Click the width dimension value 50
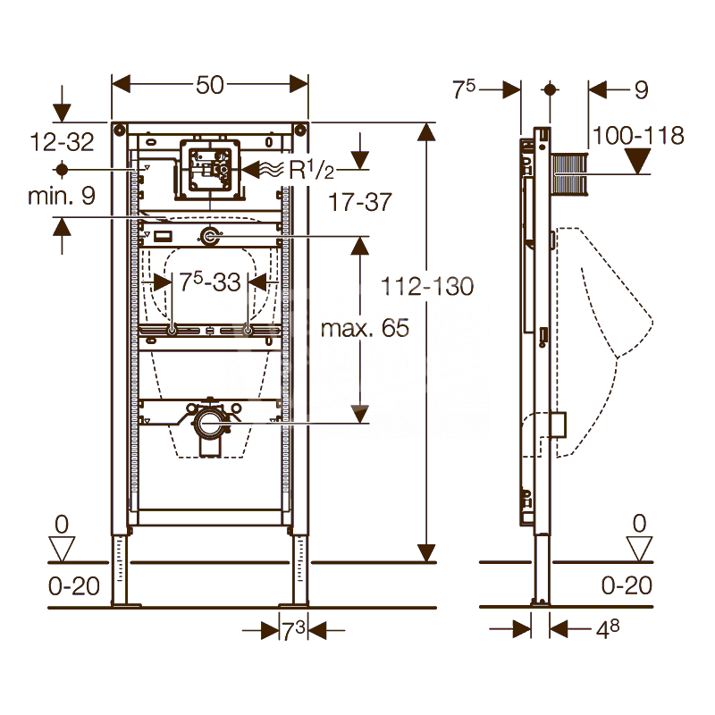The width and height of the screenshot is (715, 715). (209, 85)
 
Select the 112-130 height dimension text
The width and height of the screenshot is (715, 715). (426, 287)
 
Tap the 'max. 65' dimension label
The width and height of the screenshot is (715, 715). (365, 328)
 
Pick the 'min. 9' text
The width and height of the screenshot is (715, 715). (61, 196)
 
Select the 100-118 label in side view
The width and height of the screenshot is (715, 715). (638, 136)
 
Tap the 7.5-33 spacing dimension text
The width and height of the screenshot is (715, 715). (210, 283)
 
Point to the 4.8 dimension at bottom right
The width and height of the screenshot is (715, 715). (608, 628)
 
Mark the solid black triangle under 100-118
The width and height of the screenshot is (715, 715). (637, 162)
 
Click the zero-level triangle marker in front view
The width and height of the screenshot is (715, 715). (62, 548)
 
